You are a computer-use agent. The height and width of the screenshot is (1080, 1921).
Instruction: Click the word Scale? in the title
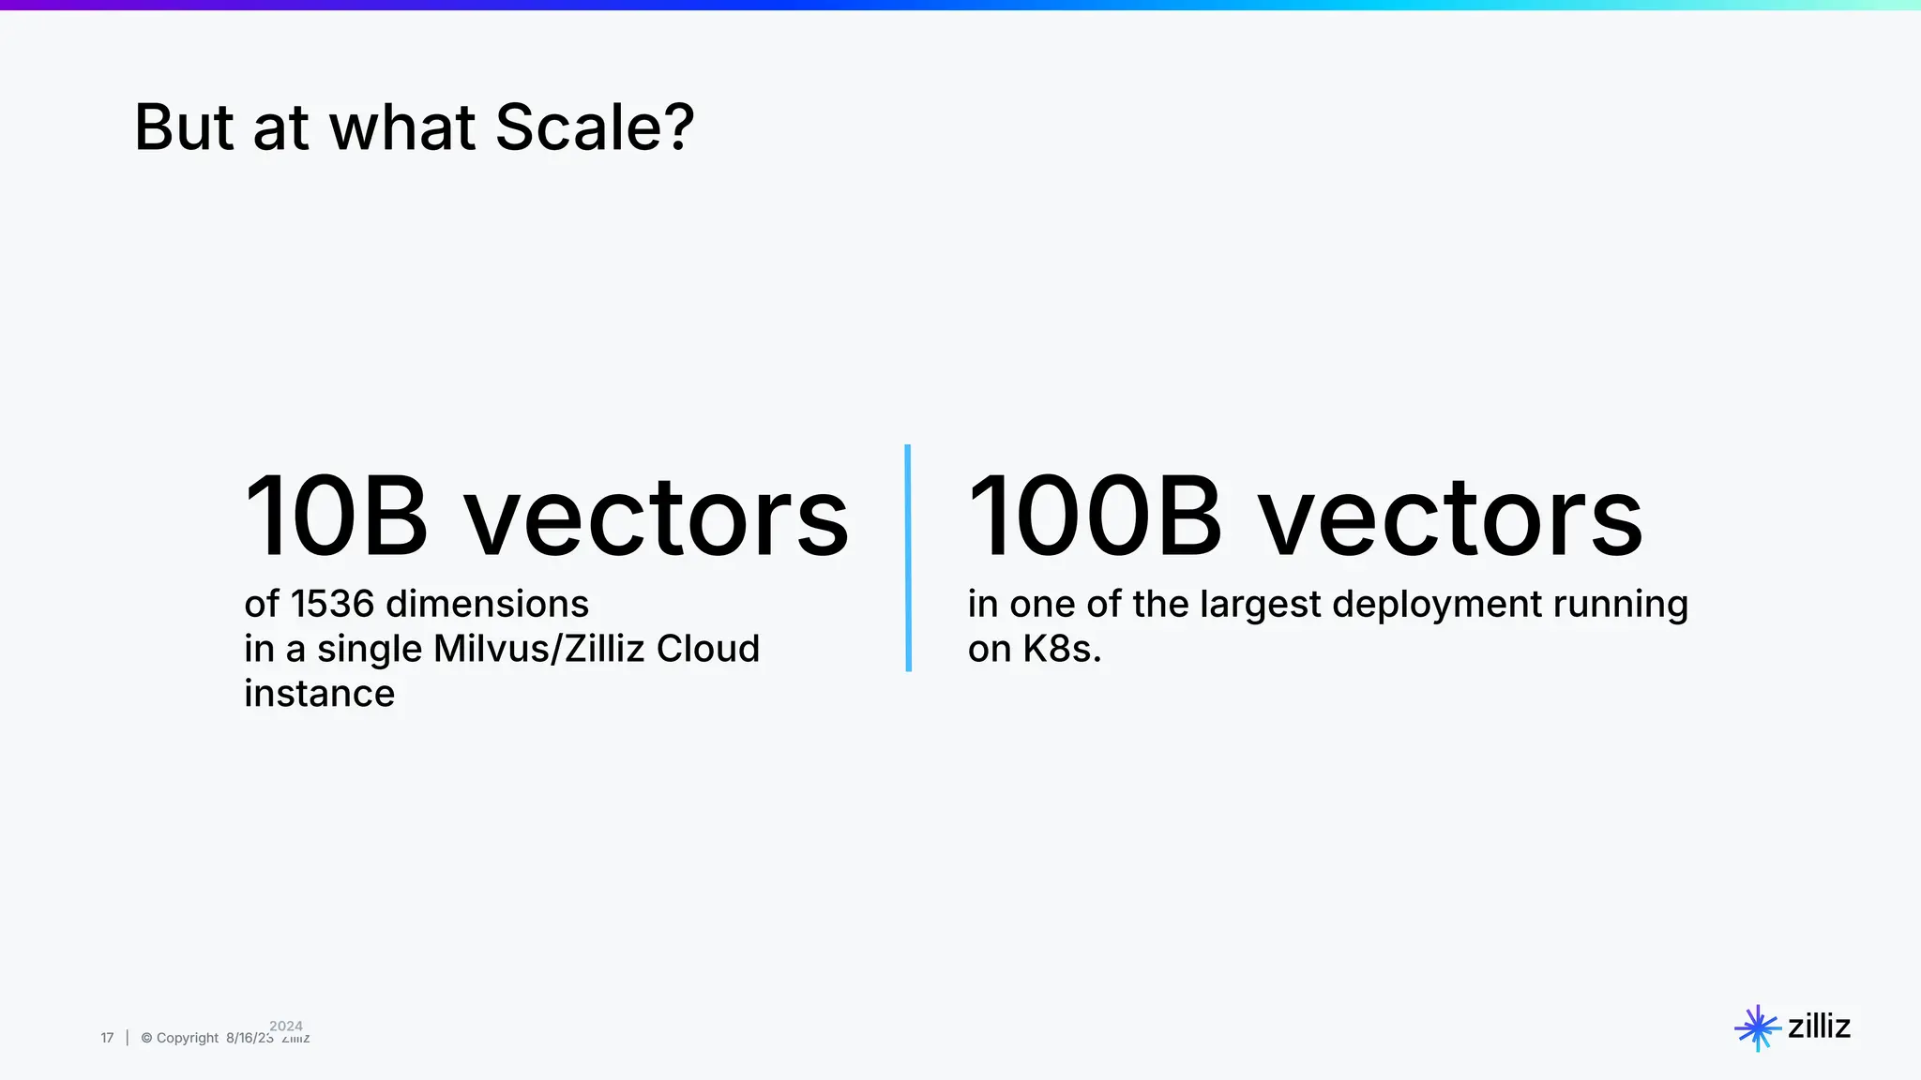click(595, 127)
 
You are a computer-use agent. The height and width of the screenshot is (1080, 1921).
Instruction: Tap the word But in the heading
click(184, 127)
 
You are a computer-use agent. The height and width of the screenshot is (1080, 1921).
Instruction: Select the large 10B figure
click(336, 517)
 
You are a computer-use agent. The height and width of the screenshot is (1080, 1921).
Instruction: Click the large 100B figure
click(1095, 517)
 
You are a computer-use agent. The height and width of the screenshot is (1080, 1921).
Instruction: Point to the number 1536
click(332, 604)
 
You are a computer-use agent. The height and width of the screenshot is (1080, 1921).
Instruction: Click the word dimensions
click(488, 604)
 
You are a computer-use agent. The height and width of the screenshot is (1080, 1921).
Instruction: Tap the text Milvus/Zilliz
click(538, 649)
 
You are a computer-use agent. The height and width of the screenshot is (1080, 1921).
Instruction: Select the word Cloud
click(707, 649)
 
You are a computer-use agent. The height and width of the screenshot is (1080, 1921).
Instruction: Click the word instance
click(319, 694)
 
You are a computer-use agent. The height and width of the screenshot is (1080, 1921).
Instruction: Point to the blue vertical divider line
click(908, 558)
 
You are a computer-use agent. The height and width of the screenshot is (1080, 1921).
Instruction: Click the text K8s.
click(1061, 649)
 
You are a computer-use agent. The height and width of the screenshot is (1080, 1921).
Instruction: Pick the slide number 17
click(107, 1038)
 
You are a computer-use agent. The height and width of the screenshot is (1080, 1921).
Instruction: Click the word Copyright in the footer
click(187, 1038)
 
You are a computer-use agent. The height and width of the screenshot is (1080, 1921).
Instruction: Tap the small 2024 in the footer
click(286, 1026)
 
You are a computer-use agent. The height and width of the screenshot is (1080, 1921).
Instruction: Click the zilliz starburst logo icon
click(1757, 1028)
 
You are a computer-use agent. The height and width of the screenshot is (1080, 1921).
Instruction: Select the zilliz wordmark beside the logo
click(1819, 1027)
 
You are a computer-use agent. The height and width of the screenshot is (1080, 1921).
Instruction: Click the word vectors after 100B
click(1449, 517)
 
